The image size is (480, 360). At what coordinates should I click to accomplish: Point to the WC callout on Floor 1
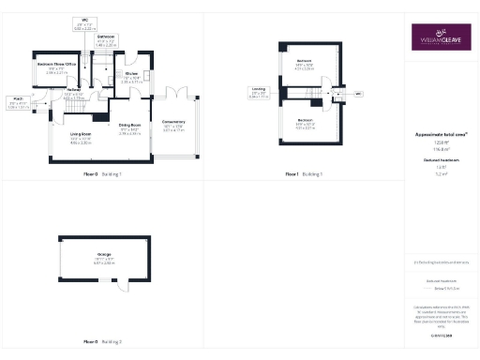click(x=357, y=94)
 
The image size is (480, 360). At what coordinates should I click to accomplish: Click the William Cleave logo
click(x=441, y=38)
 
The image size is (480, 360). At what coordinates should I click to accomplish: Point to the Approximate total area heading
click(x=441, y=136)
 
